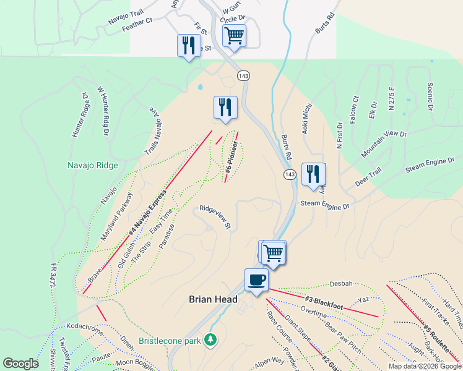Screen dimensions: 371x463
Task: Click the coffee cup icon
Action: pos(257,279)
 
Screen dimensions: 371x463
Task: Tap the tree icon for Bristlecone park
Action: pos(211,340)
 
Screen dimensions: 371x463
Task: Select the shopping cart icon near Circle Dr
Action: pos(235,35)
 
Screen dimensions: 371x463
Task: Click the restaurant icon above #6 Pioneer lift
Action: pos(225,107)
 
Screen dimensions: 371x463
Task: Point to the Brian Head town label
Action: pos(213,299)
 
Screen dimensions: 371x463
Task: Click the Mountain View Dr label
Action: pos(384,143)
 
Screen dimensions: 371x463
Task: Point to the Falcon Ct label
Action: pos(354,109)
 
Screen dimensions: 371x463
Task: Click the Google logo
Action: pos(21,364)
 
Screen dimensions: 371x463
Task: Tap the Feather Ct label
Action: pos(137,23)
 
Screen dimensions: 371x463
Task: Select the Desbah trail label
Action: pos(340,284)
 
